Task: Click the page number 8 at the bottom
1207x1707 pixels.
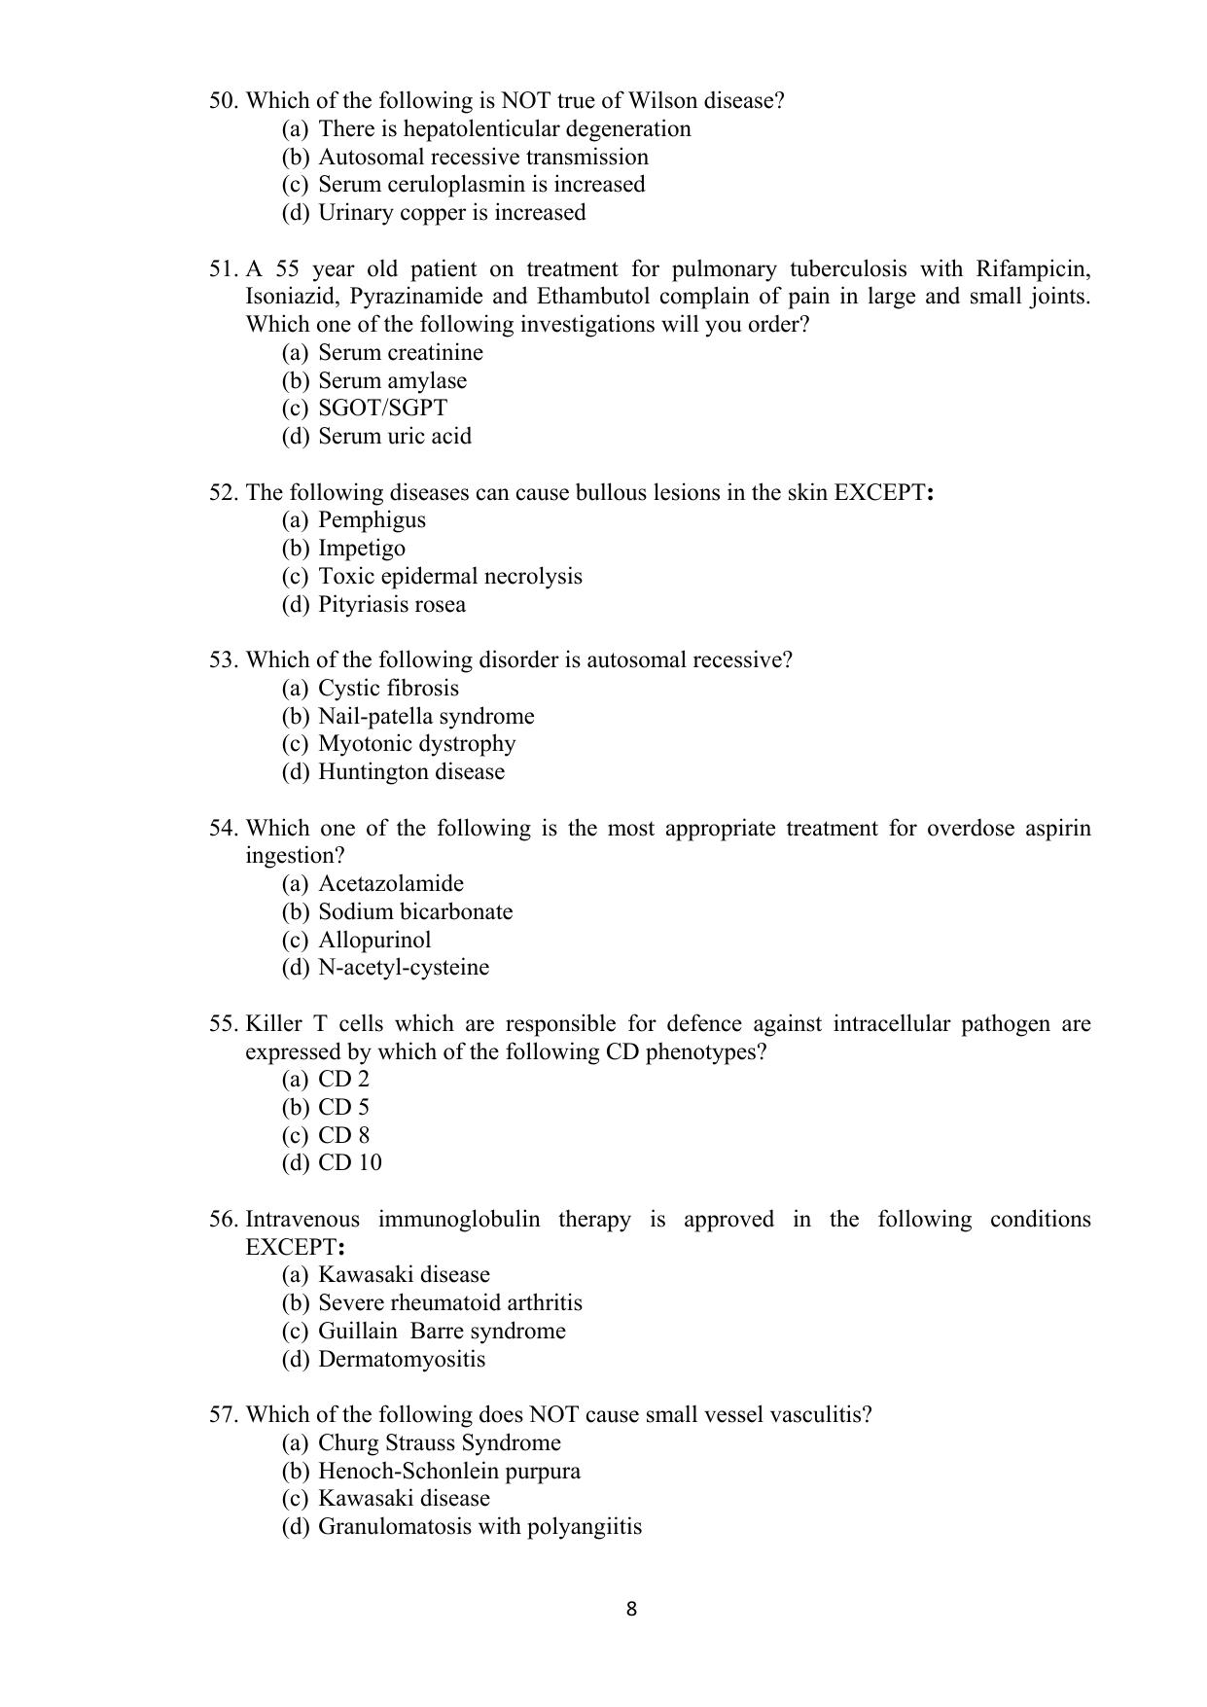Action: point(631,1609)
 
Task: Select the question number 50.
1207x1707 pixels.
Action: point(223,101)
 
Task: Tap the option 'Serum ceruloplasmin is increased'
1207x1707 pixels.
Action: point(481,185)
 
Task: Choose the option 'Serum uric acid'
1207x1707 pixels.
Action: point(394,437)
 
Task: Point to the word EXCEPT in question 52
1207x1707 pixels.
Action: point(879,493)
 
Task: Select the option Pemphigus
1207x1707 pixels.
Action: point(372,520)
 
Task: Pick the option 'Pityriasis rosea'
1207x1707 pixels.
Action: point(391,605)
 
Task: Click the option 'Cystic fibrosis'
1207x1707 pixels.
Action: point(388,689)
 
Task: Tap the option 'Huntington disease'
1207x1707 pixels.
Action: point(411,772)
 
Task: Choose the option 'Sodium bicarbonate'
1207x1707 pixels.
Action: point(415,912)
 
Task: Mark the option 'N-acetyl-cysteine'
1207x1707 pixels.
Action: point(404,968)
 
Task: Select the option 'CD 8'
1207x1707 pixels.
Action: point(343,1136)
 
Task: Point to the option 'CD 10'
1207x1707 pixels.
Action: point(349,1163)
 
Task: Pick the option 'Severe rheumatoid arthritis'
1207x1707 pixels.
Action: point(449,1303)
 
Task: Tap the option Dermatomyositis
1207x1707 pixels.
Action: point(401,1360)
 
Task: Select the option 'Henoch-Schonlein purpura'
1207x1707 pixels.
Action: point(448,1472)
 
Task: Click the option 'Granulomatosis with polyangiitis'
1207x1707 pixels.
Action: point(479,1527)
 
